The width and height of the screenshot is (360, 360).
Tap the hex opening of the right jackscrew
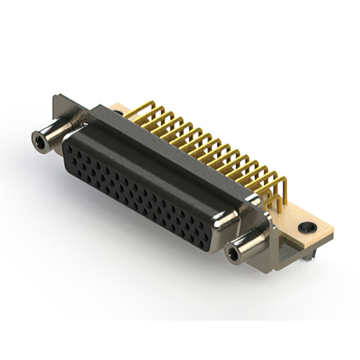pyautogui.click(x=232, y=255)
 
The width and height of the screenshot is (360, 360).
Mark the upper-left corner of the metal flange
pyautogui.click(x=55, y=97)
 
